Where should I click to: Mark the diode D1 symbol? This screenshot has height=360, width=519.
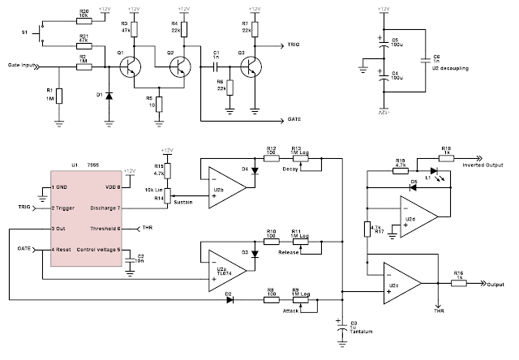pyautogui.click(x=108, y=96)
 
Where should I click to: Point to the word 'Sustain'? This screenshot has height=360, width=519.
pyautogui.click(x=183, y=202)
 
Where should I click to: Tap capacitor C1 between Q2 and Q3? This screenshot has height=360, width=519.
pyautogui.click(x=216, y=63)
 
